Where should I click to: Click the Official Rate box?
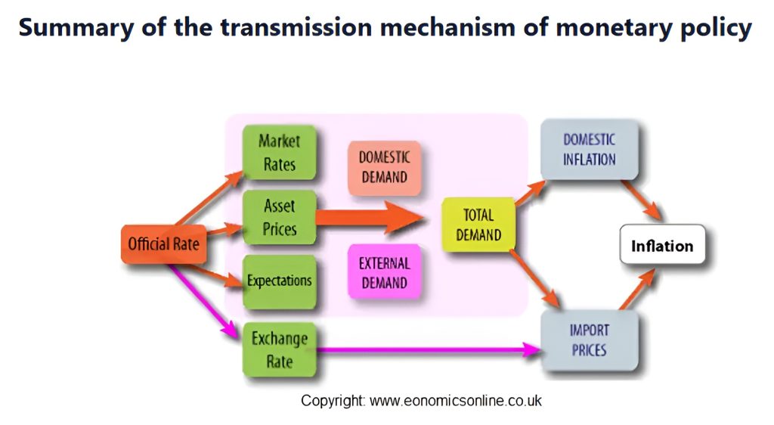[x=163, y=244]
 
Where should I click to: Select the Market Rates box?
[x=280, y=153]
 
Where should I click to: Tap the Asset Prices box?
[x=280, y=217]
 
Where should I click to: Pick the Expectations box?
[x=280, y=281]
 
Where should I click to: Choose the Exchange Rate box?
[x=280, y=349]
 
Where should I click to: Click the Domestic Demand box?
[x=385, y=168]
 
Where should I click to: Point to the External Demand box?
[x=385, y=272]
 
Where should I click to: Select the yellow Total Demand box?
[x=478, y=225]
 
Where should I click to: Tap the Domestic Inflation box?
[x=590, y=149]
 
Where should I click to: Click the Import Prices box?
[x=590, y=340]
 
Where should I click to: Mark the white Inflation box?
[x=662, y=245]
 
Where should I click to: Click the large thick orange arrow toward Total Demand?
[x=370, y=217]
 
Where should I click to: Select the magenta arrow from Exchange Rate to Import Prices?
[x=429, y=350]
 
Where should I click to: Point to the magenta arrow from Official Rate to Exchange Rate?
[x=203, y=301]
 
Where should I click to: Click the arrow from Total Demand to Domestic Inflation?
[x=531, y=193]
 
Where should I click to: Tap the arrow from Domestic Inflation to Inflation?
[x=642, y=200]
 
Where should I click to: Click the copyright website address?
[x=455, y=400]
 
